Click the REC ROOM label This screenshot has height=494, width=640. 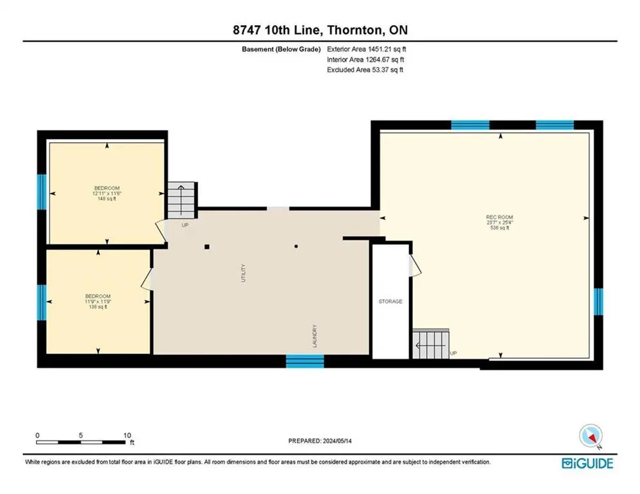pyautogui.click(x=500, y=217)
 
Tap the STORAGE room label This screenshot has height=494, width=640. pyautogui.click(x=390, y=301)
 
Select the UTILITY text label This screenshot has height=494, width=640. pyautogui.click(x=244, y=273)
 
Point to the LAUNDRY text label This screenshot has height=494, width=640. pyautogui.click(x=315, y=336)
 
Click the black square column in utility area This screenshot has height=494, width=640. pyautogui.click(x=207, y=246)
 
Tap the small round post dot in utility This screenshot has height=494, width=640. pyautogui.click(x=296, y=246)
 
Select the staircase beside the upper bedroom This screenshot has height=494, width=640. pyautogui.click(x=181, y=200)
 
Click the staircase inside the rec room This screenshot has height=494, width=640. pyautogui.click(x=430, y=343)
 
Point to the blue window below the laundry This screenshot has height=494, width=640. pyautogui.click(x=305, y=361)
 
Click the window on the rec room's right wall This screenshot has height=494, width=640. pyautogui.click(x=598, y=302)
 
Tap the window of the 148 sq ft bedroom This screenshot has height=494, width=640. pyautogui.click(x=42, y=192)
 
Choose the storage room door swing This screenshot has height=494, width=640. pyautogui.click(x=416, y=265)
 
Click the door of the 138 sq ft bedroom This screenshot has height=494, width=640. pyautogui.click(x=147, y=279)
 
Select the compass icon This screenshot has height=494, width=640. pyautogui.click(x=590, y=436)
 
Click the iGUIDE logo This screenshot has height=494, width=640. pyautogui.click(x=587, y=463)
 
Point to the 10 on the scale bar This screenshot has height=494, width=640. pyautogui.click(x=127, y=435)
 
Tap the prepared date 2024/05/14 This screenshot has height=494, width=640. pyautogui.click(x=337, y=441)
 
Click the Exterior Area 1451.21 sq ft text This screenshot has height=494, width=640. pyautogui.click(x=367, y=49)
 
